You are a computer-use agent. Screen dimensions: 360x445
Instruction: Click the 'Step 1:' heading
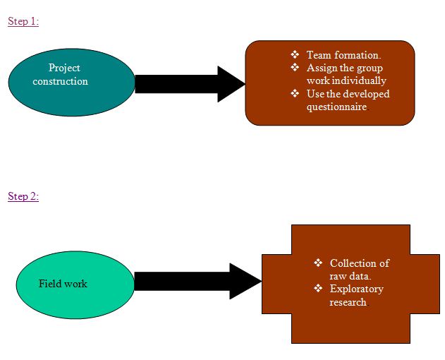[23, 21]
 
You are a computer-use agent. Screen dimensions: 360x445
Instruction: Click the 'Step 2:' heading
[23, 196]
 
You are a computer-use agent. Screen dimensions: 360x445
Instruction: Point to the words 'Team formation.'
[343, 55]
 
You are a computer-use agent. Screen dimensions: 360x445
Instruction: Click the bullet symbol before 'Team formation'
[295, 55]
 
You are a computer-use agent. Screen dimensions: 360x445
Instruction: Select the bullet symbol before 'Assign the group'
[295, 68]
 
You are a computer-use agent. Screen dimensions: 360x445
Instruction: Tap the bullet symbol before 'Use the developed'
[295, 94]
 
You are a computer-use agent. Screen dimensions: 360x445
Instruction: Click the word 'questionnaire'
[336, 107]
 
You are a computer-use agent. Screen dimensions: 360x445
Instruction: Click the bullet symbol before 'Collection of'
[318, 263]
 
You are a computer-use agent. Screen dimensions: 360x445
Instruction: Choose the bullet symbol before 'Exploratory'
[318, 289]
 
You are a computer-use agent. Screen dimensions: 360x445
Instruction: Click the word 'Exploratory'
[356, 289]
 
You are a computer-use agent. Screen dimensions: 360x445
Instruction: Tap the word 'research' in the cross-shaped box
[348, 302]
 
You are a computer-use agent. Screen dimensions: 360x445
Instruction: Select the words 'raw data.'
[350, 276]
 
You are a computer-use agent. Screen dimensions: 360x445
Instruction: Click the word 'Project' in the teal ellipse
[64, 68]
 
